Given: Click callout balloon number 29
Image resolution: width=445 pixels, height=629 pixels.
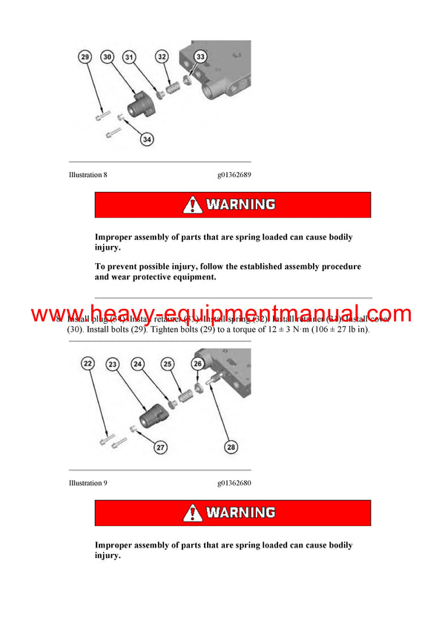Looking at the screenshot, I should pyautogui.click(x=85, y=57).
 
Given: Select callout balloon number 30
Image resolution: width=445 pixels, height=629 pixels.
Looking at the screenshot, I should pyautogui.click(x=108, y=57).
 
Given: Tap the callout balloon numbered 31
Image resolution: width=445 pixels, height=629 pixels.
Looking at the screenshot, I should pyautogui.click(x=130, y=57).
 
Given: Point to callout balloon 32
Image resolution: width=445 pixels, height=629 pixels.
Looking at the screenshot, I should pyautogui.click(x=162, y=57).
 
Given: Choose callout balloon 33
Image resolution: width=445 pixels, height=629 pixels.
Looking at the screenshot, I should pyautogui.click(x=200, y=57).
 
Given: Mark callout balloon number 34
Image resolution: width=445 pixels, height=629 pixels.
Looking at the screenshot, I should pyautogui.click(x=148, y=138).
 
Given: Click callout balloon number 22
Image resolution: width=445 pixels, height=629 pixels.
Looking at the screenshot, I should pyautogui.click(x=88, y=364).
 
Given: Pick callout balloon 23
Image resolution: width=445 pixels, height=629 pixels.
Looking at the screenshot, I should pyautogui.click(x=113, y=364).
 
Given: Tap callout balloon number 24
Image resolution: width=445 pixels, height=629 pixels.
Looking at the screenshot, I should pyautogui.click(x=139, y=364).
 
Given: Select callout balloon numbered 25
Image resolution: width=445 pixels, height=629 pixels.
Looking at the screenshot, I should pyautogui.click(x=168, y=364).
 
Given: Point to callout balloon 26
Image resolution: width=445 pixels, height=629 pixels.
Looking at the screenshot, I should pyautogui.click(x=197, y=364).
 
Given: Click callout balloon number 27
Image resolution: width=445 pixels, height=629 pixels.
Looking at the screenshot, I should pyautogui.click(x=160, y=447).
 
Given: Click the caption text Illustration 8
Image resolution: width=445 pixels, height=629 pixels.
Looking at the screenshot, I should pyautogui.click(x=88, y=175).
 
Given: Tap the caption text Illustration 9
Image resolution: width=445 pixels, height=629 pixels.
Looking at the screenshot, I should pyautogui.click(x=88, y=483).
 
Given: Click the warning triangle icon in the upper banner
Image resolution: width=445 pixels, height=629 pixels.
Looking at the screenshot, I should pyautogui.click(x=193, y=204).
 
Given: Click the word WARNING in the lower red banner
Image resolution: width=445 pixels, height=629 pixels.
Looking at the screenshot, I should pyautogui.click(x=241, y=513).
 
